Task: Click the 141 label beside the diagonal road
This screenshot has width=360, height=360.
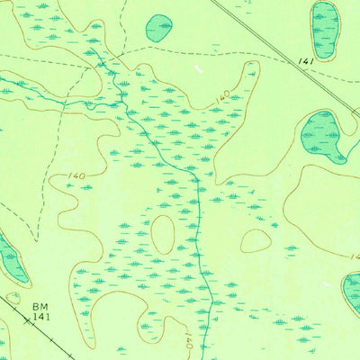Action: tap(308, 61)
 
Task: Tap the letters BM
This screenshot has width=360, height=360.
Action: tap(39, 307)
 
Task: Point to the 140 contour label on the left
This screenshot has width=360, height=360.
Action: tap(76, 176)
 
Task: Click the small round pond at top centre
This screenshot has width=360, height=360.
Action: tap(159, 28)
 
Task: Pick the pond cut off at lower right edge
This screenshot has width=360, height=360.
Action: tap(351, 293)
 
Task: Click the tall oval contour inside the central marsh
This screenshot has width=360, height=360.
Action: tap(163, 235)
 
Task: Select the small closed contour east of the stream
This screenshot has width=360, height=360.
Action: tap(256, 240)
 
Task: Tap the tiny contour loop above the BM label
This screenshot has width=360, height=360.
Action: tap(13, 297)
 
